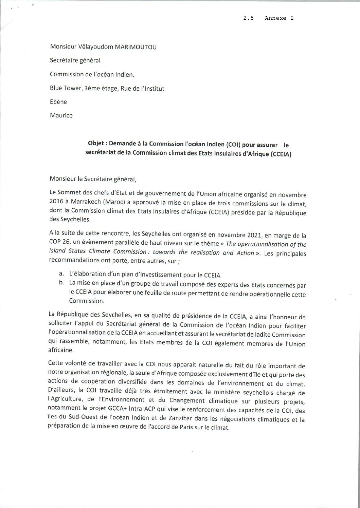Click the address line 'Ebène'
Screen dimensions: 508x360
click(58, 102)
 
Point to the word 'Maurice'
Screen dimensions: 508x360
click(61, 115)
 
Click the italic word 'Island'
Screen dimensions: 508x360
click(57, 253)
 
